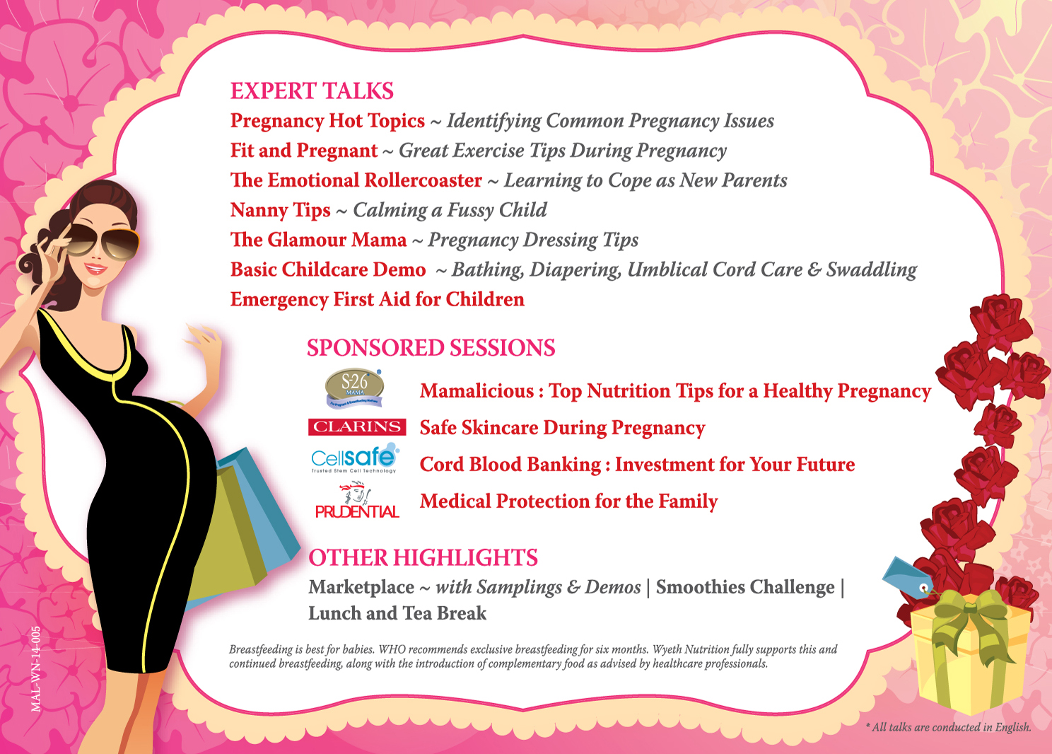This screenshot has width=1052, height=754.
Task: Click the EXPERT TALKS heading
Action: click(312, 91)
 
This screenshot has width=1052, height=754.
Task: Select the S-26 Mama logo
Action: click(354, 388)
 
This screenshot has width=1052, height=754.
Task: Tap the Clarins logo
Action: click(357, 427)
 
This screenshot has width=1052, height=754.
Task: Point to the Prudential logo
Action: click(357, 500)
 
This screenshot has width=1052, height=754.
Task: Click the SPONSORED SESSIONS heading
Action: click(431, 348)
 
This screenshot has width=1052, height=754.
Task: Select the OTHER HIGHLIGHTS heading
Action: click(423, 557)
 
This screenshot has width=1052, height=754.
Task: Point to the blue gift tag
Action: click(907, 578)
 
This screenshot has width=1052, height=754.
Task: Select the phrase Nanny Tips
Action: click(281, 211)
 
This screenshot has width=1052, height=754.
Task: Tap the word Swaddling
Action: click(871, 269)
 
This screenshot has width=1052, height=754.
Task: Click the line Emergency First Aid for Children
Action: click(377, 299)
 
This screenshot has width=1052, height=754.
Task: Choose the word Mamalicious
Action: click(477, 391)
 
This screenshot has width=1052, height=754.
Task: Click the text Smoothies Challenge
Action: click(745, 587)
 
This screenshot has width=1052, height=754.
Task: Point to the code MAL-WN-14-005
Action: click(36, 669)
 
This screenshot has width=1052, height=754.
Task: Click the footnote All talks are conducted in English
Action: click(949, 727)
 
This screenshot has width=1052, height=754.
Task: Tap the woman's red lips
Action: click(95, 269)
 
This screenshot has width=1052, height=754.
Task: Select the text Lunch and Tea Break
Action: click(397, 613)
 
